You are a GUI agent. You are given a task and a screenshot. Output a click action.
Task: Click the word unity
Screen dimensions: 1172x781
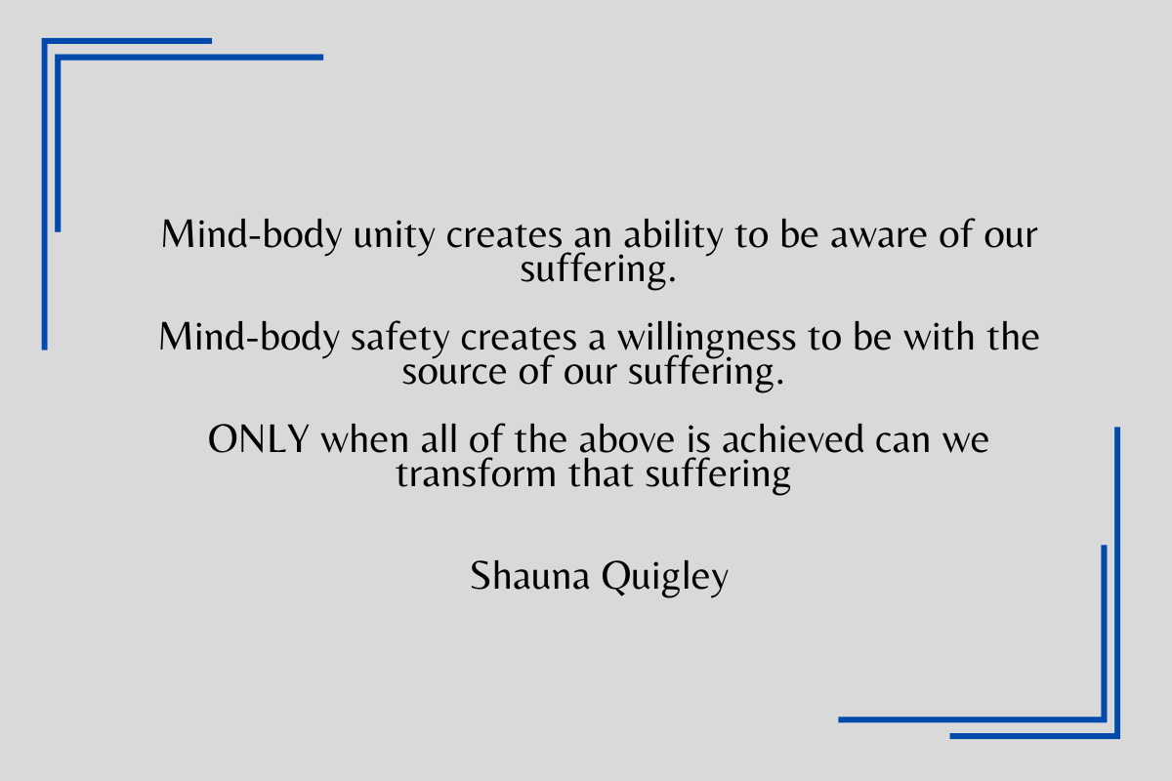pyautogui.click(x=394, y=236)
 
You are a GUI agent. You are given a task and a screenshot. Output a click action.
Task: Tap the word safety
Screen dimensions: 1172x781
pyautogui.click(x=399, y=338)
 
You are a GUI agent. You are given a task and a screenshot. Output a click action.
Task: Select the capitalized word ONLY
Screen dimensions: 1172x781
pyautogui.click(x=259, y=439)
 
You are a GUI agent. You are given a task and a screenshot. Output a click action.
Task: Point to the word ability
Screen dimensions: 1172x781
pyautogui.click(x=673, y=235)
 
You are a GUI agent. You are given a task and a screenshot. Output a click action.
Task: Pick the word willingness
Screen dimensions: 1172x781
pyautogui.click(x=706, y=339)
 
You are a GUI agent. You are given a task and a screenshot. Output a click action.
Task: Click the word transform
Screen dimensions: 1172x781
pyautogui.click(x=476, y=473)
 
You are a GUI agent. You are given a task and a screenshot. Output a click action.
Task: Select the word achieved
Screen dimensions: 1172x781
pyautogui.click(x=792, y=438)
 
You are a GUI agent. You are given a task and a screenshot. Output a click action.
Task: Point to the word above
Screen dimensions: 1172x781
pyautogui.click(x=626, y=438)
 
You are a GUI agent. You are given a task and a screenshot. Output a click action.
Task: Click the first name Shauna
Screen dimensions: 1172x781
pyautogui.click(x=529, y=575)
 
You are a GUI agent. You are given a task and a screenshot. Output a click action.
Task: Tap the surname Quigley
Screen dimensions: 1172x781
pyautogui.click(x=665, y=577)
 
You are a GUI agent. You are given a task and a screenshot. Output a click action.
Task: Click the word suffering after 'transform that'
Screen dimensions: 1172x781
pyautogui.click(x=717, y=475)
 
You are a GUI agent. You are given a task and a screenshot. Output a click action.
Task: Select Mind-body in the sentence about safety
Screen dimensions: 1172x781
pyautogui.click(x=249, y=337)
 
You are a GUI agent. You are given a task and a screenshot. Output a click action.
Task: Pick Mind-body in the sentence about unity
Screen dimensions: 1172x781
pyautogui.click(x=251, y=235)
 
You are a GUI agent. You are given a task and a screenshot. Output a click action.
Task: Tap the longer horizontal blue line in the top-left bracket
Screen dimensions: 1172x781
pyautogui.click(x=188, y=58)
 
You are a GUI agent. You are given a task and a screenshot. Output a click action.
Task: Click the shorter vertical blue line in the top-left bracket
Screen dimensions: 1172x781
pyautogui.click(x=58, y=144)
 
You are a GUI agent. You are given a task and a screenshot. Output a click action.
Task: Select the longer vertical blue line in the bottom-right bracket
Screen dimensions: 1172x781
pyautogui.click(x=1117, y=583)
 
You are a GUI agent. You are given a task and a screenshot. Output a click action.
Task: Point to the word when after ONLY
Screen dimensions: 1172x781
pyautogui.click(x=364, y=439)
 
